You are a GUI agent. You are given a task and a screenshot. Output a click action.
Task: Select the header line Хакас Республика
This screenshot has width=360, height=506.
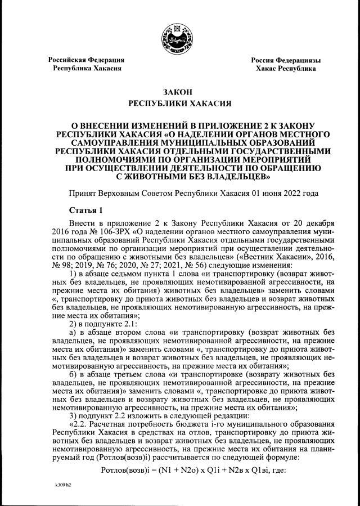pyautogui.click(x=286, y=68)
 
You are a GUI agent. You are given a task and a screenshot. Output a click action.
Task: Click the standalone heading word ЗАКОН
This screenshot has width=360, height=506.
pyautogui.click(x=180, y=91)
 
